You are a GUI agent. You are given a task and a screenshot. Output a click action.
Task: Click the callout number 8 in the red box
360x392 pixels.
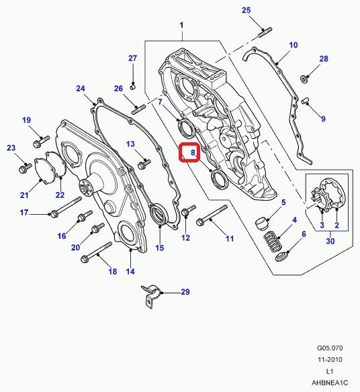[193, 152]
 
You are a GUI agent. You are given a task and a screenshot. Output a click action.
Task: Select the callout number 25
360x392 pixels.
[246, 10]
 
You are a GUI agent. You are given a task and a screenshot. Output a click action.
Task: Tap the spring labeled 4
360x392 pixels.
[273, 241]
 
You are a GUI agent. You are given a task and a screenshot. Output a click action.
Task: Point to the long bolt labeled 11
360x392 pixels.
[212, 215]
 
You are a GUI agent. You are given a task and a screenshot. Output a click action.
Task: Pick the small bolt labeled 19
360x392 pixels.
[41, 142]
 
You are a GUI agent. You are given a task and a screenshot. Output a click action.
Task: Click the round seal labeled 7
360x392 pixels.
[185, 129]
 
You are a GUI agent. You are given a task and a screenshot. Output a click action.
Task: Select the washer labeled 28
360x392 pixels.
[304, 79]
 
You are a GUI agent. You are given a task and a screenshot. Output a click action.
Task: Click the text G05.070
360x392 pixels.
[330, 348]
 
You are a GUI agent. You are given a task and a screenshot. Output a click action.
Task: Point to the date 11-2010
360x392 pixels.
[330, 360]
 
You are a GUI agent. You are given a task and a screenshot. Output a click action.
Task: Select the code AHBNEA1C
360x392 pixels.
[330, 383]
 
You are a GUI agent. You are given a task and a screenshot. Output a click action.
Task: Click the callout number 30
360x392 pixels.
[330, 241]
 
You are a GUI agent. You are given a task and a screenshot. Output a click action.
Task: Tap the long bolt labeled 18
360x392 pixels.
[96, 252]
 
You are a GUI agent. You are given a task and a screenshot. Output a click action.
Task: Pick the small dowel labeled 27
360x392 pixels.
[132, 87]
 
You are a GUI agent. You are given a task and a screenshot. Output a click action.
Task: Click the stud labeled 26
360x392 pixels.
[138, 110]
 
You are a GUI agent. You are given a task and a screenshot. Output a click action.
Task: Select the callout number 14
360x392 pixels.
[130, 271]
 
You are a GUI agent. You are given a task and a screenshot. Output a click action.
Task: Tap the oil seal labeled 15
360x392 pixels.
[158, 215]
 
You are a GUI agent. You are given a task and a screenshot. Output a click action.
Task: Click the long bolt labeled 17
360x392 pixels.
[66, 207]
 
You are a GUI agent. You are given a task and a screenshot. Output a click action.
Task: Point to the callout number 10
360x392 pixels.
[294, 45]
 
